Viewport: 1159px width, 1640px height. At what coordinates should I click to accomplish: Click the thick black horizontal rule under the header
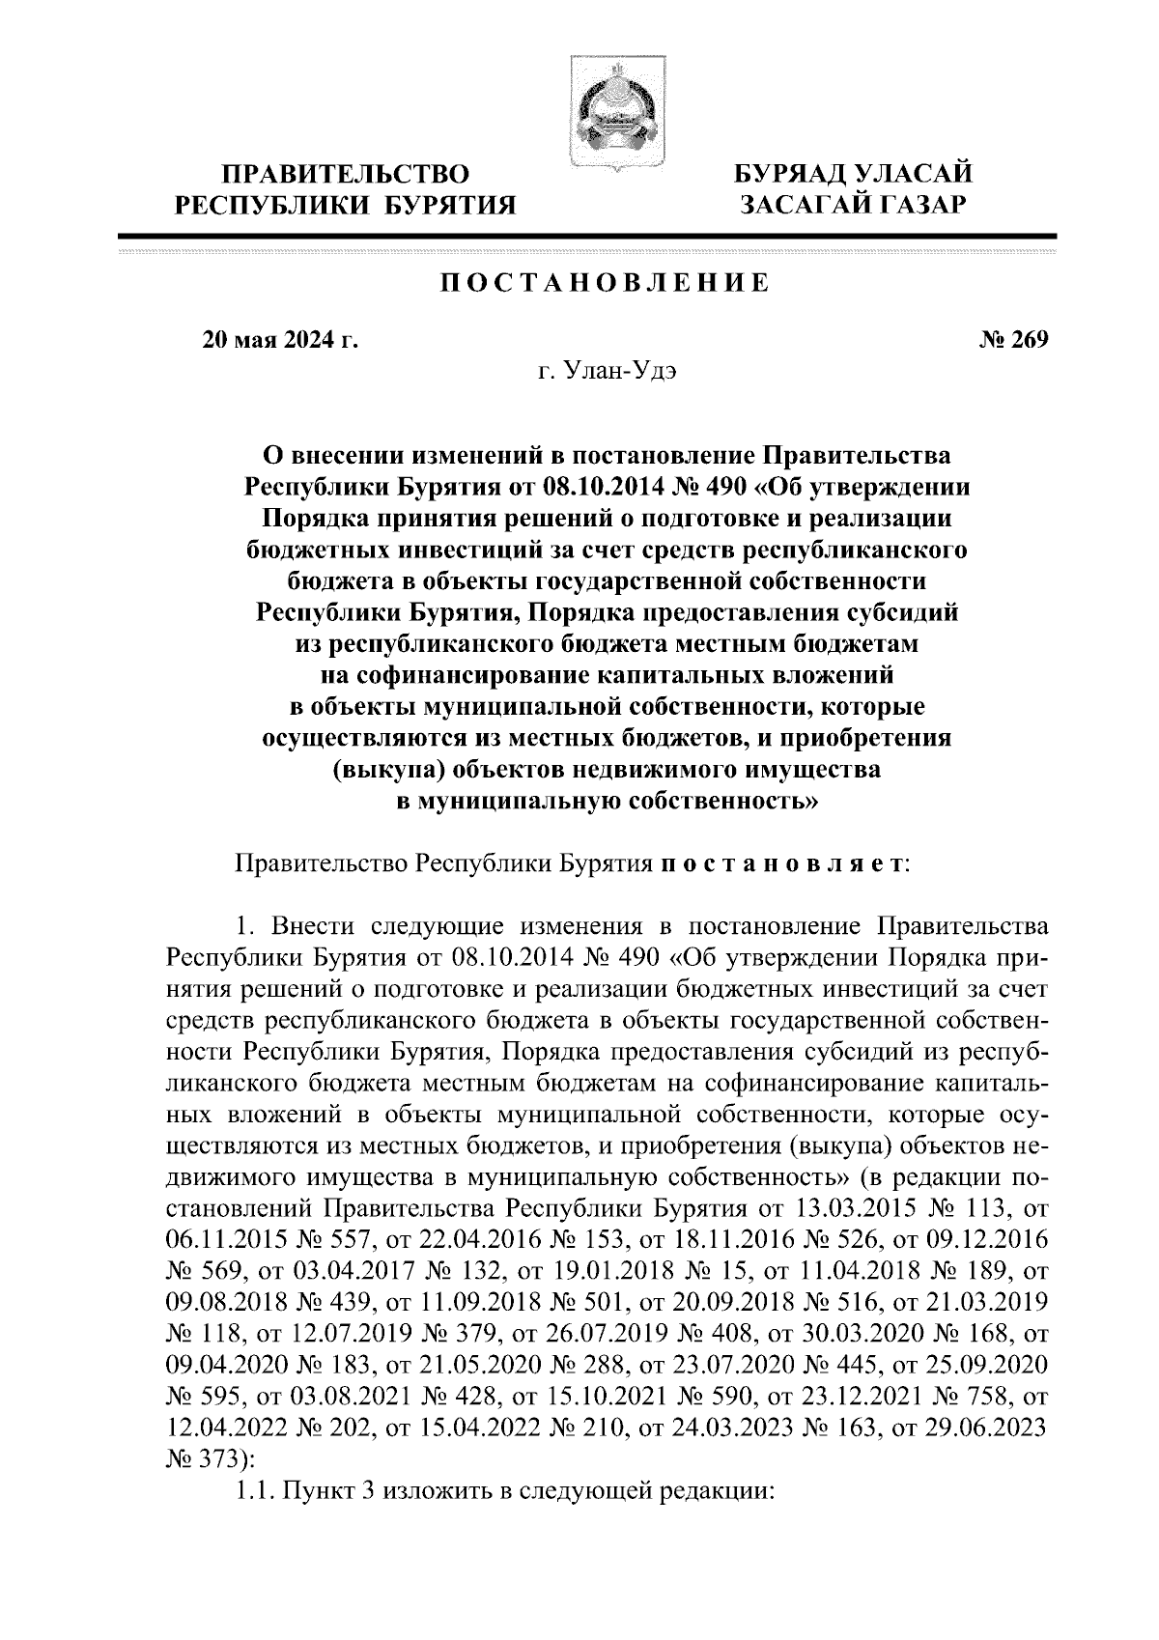tap(587, 236)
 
